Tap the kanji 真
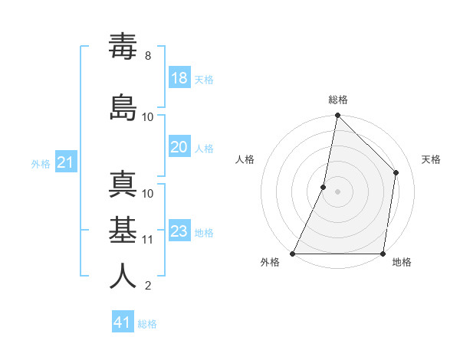pyautogui.click(x=123, y=185)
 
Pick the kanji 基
pyautogui.click(x=123, y=231)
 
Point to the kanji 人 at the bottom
pyautogui.click(x=123, y=276)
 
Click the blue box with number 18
pyautogui.click(x=179, y=78)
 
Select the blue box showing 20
pyautogui.click(x=179, y=147)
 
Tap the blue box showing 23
pyautogui.click(x=179, y=231)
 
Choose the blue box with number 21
pyautogui.click(x=66, y=162)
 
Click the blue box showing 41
pyautogui.click(x=123, y=322)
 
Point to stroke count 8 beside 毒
pyautogui.click(x=148, y=56)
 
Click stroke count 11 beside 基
pyautogui.click(x=148, y=239)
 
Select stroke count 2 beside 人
pyautogui.click(x=148, y=286)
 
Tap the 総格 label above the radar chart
pyautogui.click(x=338, y=100)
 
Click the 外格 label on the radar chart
pyautogui.click(x=270, y=262)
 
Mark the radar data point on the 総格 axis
pyautogui.click(x=337, y=116)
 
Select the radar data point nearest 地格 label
pyautogui.click(x=383, y=254)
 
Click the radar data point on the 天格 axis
pyautogui.click(x=396, y=172)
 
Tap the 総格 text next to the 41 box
pyautogui.click(x=147, y=324)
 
